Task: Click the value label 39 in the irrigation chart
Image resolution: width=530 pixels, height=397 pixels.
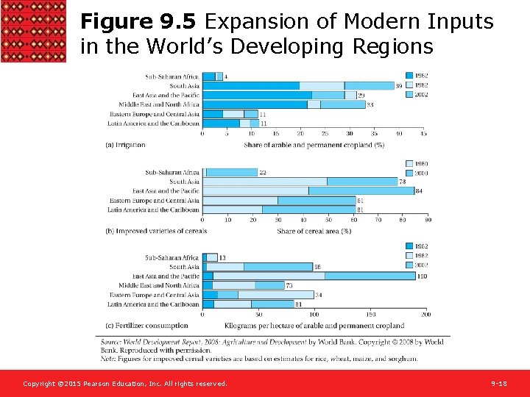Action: (x=399, y=86)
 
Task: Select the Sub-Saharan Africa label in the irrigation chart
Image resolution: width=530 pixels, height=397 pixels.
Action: (x=172, y=76)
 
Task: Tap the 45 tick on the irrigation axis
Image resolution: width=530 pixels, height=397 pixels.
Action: (x=423, y=134)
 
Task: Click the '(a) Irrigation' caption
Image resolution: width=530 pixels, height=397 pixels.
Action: (x=126, y=145)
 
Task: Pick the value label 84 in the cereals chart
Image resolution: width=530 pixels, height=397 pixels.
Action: (x=420, y=191)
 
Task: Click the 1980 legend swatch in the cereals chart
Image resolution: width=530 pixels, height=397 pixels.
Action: (x=410, y=163)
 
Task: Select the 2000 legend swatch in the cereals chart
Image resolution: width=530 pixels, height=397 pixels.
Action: (x=410, y=173)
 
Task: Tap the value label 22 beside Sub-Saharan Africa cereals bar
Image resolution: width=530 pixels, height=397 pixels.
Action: (x=262, y=173)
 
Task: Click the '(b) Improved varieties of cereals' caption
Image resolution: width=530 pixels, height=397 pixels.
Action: (x=156, y=231)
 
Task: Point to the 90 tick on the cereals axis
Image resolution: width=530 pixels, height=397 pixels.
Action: (x=428, y=219)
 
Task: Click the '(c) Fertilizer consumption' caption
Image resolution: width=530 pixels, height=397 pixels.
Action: (x=146, y=326)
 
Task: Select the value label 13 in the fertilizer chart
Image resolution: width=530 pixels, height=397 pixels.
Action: (x=222, y=258)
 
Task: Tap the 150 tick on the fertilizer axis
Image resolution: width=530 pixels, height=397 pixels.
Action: (x=370, y=314)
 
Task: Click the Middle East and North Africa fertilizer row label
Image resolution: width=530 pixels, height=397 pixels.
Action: (x=159, y=285)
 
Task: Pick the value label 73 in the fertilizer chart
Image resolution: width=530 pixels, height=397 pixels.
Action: (x=289, y=285)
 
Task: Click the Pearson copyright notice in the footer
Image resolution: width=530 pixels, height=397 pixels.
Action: (x=125, y=384)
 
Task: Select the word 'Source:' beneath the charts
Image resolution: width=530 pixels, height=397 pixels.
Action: (x=112, y=342)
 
